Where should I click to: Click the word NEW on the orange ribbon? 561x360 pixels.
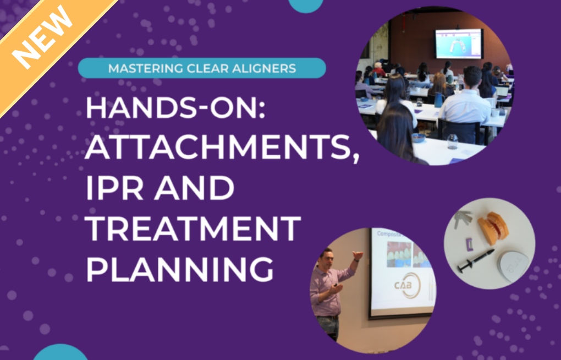point(42,37)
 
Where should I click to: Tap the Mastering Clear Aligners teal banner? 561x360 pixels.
point(202,68)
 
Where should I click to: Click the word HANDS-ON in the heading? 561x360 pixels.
point(175,108)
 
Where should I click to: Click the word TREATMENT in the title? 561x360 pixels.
point(193,228)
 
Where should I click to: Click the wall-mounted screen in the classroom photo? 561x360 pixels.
point(459,43)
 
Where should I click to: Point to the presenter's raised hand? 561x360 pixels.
point(358,255)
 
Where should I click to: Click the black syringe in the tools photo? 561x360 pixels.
point(476,261)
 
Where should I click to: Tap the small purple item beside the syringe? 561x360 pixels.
point(469,244)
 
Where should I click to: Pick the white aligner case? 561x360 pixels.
point(513,265)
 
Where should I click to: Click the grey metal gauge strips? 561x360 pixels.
point(462,219)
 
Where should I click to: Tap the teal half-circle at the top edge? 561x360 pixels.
point(306,6)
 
